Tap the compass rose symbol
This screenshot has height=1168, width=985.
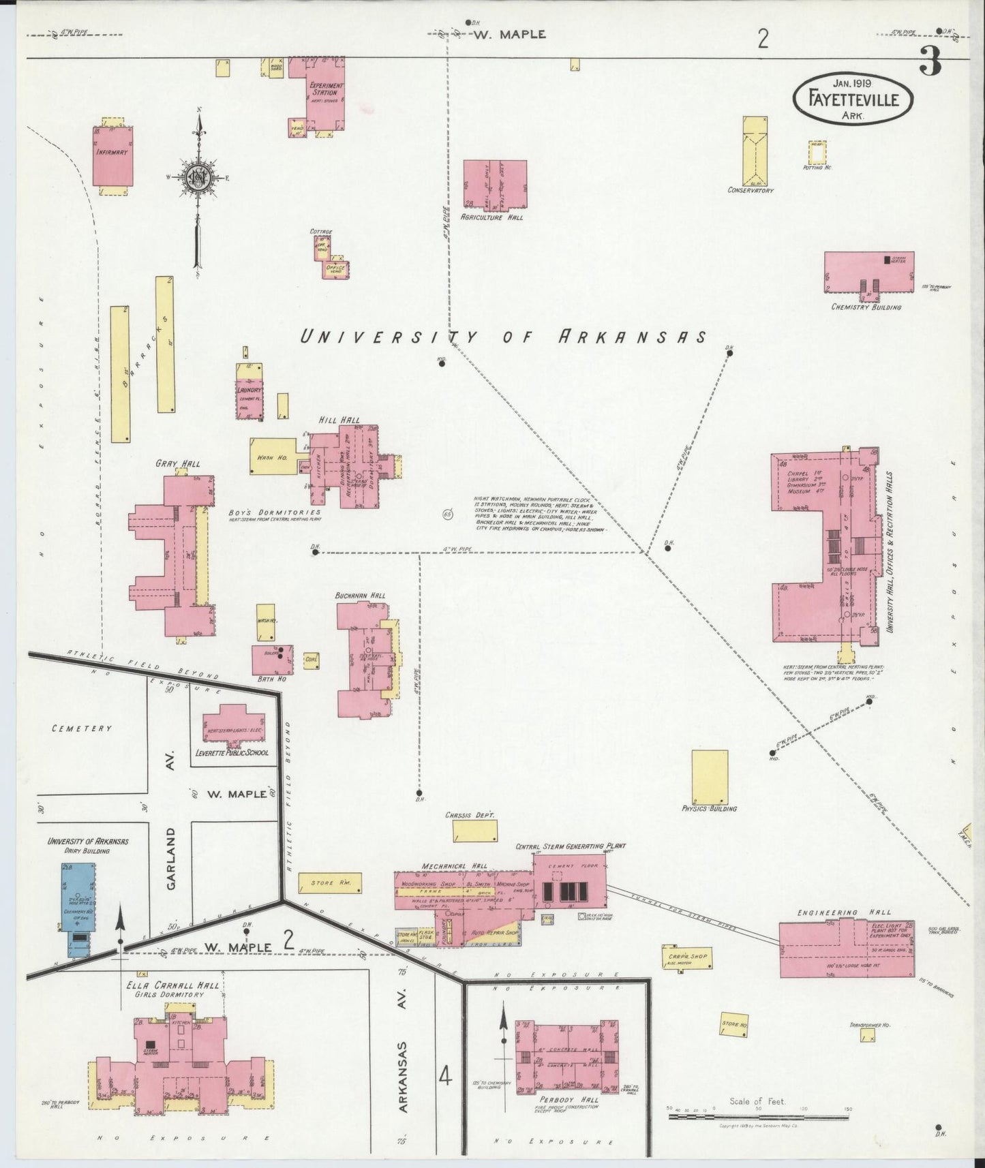click(x=198, y=177)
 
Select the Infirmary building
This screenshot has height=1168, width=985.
click(x=112, y=155)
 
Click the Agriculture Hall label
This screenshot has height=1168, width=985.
click(x=491, y=217)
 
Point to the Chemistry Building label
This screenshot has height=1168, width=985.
click(x=866, y=307)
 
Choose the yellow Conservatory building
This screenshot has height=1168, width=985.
click(x=755, y=151)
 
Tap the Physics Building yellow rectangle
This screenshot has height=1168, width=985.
click(x=710, y=777)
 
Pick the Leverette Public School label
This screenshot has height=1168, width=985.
click(x=232, y=753)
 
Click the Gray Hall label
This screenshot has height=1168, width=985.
click(x=178, y=464)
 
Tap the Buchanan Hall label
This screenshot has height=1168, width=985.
click(x=360, y=596)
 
